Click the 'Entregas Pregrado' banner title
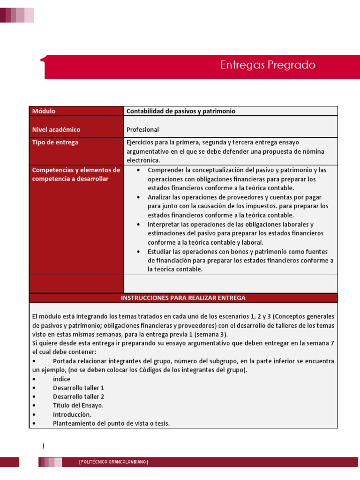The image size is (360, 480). (268, 65)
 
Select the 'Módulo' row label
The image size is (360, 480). (44, 111)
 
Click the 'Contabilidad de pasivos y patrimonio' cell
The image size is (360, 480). (180, 111)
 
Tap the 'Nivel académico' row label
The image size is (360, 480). (56, 129)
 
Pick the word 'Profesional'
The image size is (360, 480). (142, 129)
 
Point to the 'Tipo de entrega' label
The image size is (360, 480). (55, 142)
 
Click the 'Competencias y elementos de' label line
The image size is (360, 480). (76, 170)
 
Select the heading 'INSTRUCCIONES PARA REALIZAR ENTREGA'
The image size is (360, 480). (183, 298)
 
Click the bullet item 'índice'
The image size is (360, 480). (61, 379)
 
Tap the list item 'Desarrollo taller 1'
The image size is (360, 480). (78, 388)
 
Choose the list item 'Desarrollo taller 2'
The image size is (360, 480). (78, 397)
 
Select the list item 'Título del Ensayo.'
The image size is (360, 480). (78, 405)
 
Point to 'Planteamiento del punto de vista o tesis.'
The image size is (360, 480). (111, 423)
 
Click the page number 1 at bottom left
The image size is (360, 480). (43, 447)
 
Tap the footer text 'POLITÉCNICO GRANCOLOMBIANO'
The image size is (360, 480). (113, 462)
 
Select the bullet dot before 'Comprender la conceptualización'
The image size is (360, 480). (138, 170)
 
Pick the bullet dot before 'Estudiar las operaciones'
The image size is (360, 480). (138, 251)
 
